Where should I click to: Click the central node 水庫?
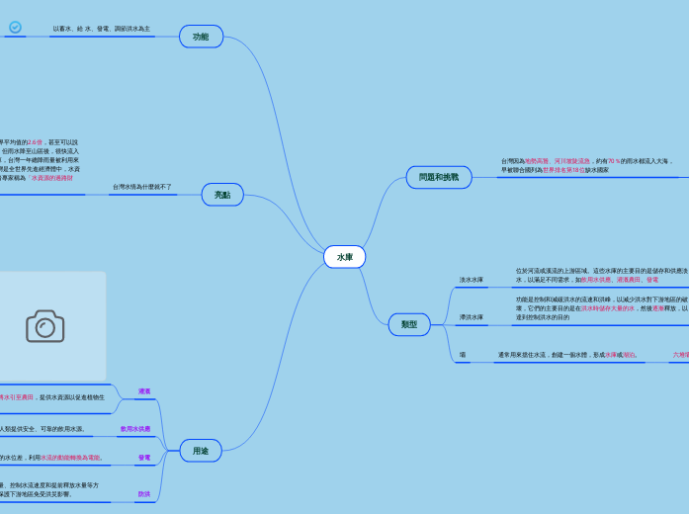point(344,257)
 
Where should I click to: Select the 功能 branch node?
point(201,37)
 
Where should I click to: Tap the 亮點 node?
point(222,195)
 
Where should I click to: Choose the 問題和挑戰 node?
point(438,177)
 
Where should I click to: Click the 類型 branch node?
point(409,324)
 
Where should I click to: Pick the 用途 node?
point(201,451)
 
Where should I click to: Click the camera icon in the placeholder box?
point(44,326)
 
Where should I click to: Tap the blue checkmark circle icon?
point(15,27)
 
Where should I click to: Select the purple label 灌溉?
point(144,391)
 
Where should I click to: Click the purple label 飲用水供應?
point(135,429)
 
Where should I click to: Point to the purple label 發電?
point(144,458)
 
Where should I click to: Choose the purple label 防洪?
point(144,494)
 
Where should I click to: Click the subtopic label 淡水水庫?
point(472,280)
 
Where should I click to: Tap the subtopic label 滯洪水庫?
point(472,317)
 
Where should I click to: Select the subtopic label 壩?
point(463,354)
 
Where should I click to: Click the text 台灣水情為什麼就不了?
point(141,187)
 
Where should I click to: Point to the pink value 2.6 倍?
point(35,142)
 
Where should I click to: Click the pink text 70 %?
point(614,160)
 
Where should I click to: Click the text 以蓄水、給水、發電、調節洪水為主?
point(101,29)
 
